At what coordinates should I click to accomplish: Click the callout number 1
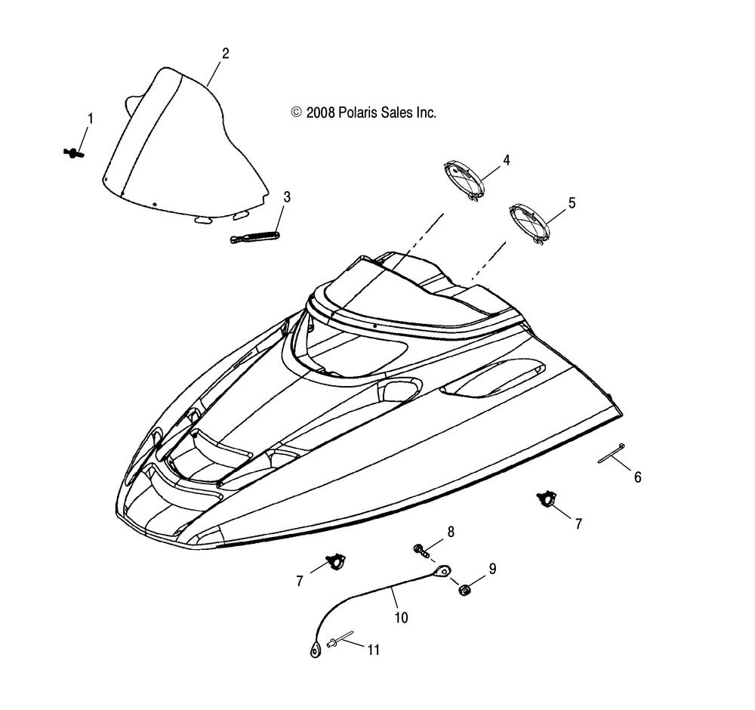pyautogui.click(x=91, y=119)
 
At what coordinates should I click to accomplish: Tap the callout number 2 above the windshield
pyautogui.click(x=225, y=54)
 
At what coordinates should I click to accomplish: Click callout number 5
pyautogui.click(x=572, y=202)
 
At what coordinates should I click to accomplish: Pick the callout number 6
pyautogui.click(x=637, y=477)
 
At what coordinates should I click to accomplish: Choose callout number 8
pyautogui.click(x=451, y=531)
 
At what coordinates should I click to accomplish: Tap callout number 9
pyautogui.click(x=492, y=569)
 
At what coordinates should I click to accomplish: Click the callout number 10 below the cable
pyautogui.click(x=401, y=617)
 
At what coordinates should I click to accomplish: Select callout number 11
pyautogui.click(x=374, y=649)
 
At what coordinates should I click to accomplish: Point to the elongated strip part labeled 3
pyautogui.click(x=255, y=237)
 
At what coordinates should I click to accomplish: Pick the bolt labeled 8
pyautogui.click(x=421, y=549)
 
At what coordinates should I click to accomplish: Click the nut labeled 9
pyautogui.click(x=465, y=587)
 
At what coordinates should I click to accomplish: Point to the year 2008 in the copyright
pyautogui.click(x=320, y=113)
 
